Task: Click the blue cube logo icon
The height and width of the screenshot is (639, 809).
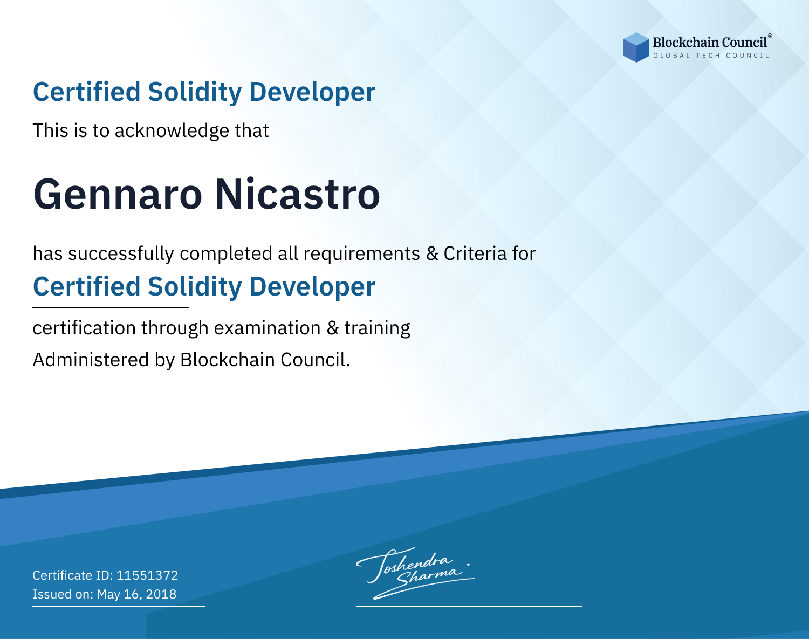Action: point(636,47)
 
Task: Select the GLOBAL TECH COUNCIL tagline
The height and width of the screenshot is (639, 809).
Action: point(711,56)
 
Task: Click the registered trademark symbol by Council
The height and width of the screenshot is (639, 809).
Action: point(770,36)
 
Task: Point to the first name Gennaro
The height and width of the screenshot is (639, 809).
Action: point(118,195)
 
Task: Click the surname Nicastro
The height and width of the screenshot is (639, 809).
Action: point(297,195)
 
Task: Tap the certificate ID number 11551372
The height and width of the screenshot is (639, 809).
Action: point(147,575)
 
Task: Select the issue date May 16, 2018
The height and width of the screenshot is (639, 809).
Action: point(136,594)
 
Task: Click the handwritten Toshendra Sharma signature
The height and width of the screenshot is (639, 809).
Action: point(415,573)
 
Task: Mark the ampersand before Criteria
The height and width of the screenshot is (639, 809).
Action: point(432,253)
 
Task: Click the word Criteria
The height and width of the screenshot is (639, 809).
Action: point(475,253)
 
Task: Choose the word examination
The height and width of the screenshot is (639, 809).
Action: point(267,328)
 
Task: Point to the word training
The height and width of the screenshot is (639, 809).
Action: point(377,328)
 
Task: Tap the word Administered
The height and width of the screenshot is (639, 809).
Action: point(91,359)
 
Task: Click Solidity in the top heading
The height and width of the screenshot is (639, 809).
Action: point(194,92)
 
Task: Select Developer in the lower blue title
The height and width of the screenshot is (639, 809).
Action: point(312,287)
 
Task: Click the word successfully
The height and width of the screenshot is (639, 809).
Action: point(121,253)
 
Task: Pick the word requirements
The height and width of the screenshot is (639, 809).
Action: point(361,253)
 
